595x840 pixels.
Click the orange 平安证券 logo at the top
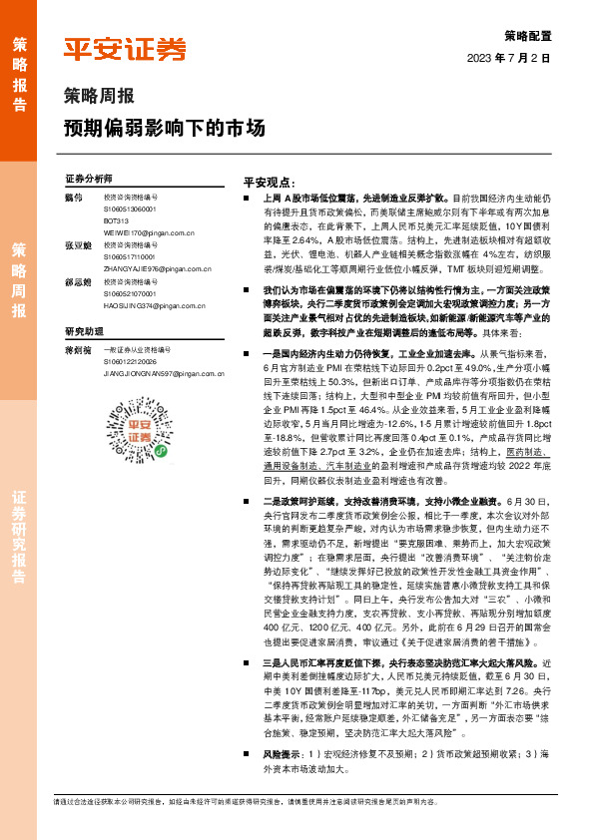pyautogui.click(x=125, y=49)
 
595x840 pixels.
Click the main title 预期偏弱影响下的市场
pyautogui.click(x=165, y=130)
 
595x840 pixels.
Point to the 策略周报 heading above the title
pyautogui.click(x=99, y=98)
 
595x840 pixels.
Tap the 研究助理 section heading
pyautogui.click(x=85, y=330)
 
